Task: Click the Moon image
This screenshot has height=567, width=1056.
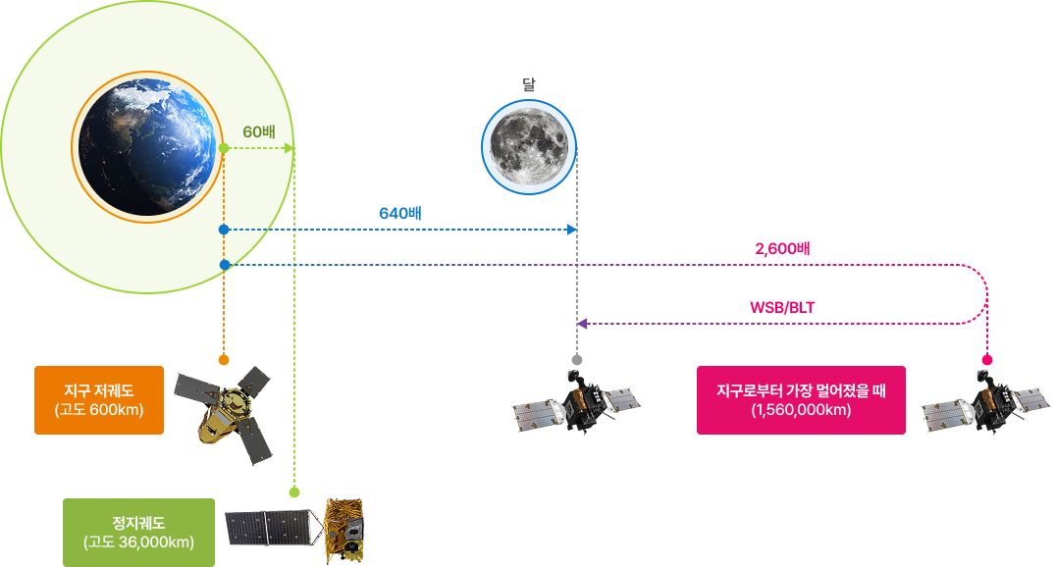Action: [x=529, y=147]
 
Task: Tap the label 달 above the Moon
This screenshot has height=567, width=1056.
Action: [x=529, y=84]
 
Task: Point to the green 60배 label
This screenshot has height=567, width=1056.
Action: [x=259, y=132]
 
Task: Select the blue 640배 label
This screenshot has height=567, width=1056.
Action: [x=400, y=214]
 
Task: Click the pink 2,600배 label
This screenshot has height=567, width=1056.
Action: [x=782, y=249]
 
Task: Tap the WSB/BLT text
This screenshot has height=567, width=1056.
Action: [x=782, y=308]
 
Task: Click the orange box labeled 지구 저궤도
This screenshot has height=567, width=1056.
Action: [x=99, y=400]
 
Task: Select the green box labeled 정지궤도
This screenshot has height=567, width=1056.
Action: [x=138, y=533]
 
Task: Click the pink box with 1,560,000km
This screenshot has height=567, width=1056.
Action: [x=801, y=400]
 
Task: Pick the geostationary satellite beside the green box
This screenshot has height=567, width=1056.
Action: [x=295, y=531]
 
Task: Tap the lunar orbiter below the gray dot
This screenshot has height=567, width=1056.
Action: [x=576, y=400]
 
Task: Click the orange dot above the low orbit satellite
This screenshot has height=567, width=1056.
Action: [x=224, y=360]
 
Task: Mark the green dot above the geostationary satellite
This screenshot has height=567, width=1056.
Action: [x=294, y=492]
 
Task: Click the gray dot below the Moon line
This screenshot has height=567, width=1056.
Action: [x=576, y=360]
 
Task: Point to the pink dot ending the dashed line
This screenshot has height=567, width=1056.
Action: [x=987, y=360]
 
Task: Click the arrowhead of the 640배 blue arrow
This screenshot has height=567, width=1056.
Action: [x=572, y=230]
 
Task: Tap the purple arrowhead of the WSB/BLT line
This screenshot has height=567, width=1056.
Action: [x=582, y=324]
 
